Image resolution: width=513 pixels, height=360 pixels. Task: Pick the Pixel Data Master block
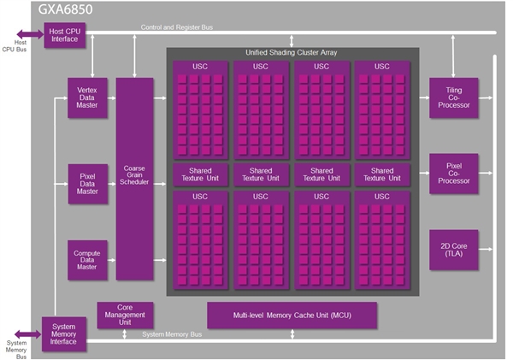(86, 181)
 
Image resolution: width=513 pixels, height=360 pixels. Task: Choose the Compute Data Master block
(86, 259)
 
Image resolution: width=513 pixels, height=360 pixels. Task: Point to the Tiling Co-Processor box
(453, 98)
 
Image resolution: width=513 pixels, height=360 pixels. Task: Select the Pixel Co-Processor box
(453, 174)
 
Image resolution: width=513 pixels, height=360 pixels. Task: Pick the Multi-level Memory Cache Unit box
(292, 315)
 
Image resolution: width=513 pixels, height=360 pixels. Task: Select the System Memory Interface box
(63, 335)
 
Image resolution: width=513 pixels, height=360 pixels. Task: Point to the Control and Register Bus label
(177, 27)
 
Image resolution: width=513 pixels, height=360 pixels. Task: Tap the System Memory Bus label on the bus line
(177, 333)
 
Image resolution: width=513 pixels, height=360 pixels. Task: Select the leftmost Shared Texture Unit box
(199, 175)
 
